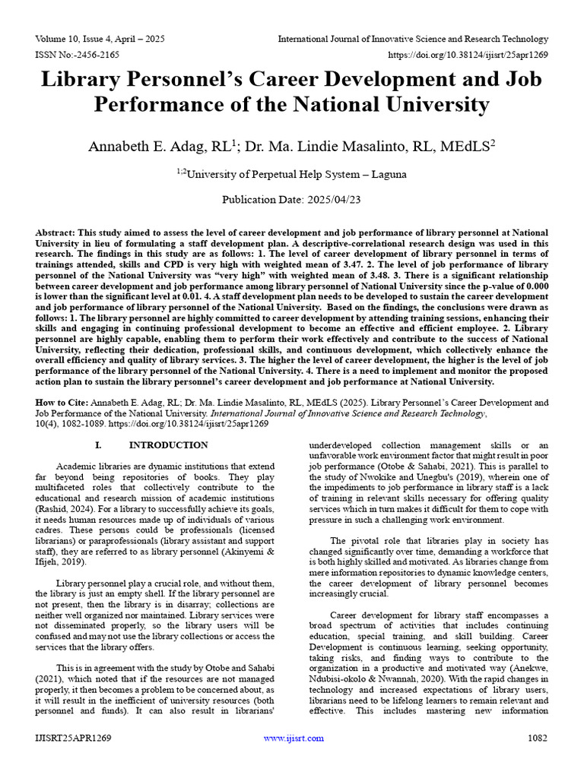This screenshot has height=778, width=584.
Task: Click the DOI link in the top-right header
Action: click(469, 55)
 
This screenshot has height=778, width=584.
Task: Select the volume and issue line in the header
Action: click(100, 39)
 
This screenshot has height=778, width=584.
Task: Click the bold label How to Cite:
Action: click(62, 402)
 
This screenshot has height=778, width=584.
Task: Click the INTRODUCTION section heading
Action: click(168, 445)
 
